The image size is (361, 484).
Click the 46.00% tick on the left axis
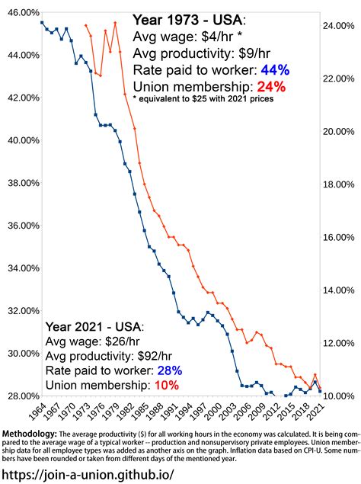click(21, 13)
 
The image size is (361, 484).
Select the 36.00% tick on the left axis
click(21, 226)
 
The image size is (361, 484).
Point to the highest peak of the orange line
click(115, 23)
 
